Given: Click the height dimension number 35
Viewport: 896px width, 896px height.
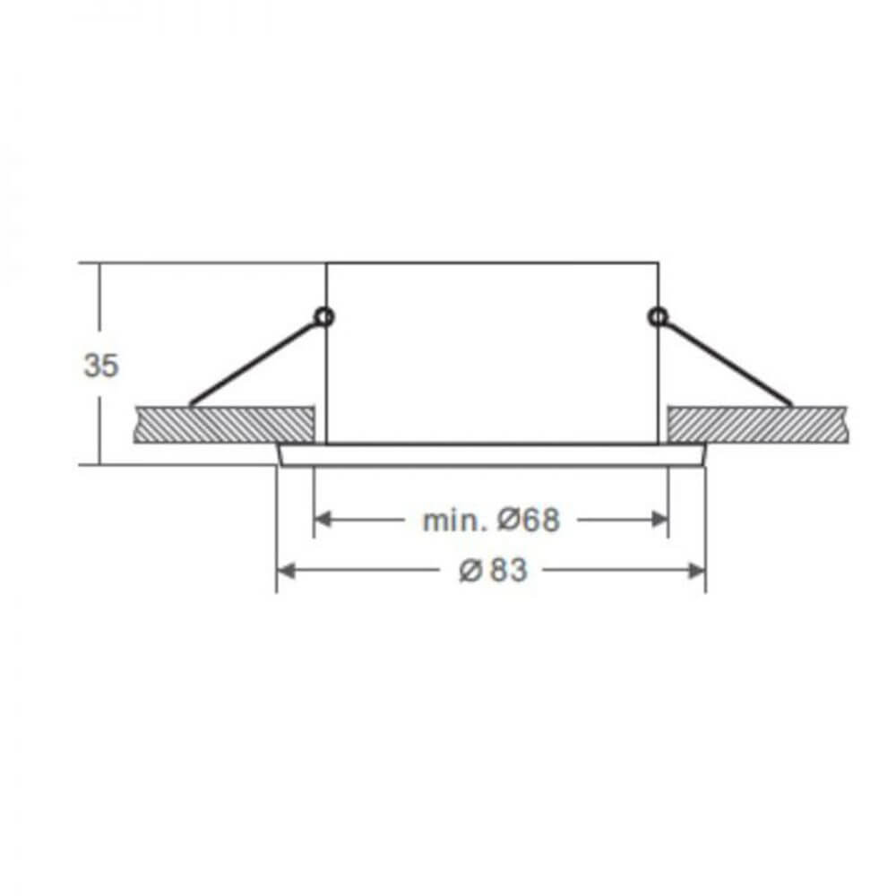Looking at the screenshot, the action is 101,366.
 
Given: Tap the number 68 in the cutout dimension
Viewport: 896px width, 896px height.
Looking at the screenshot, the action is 540,520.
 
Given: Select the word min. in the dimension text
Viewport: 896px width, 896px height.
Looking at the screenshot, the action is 455,520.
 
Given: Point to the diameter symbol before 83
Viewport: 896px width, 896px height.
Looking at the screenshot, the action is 471,571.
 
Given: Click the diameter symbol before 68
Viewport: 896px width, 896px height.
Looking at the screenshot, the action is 509,520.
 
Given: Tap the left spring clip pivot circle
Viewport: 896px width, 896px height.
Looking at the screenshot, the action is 324,316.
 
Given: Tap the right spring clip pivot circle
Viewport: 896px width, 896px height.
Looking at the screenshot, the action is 658,316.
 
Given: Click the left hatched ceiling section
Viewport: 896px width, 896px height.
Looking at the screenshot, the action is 224,425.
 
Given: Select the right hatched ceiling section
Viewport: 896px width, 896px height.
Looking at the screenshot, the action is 757,425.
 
